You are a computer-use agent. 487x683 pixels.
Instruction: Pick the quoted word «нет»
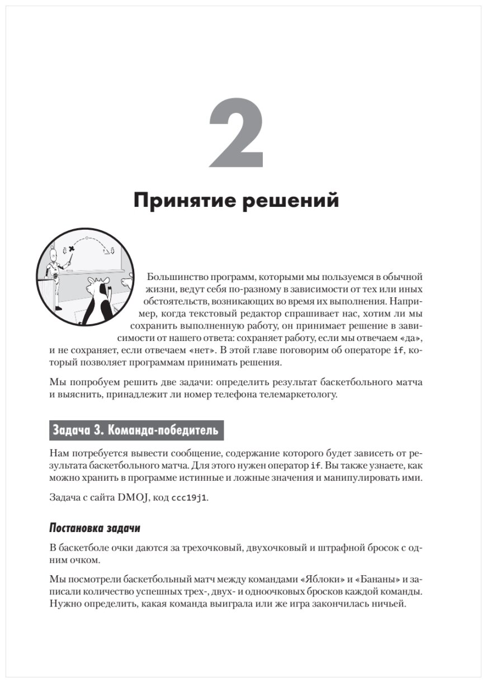[201, 351]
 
